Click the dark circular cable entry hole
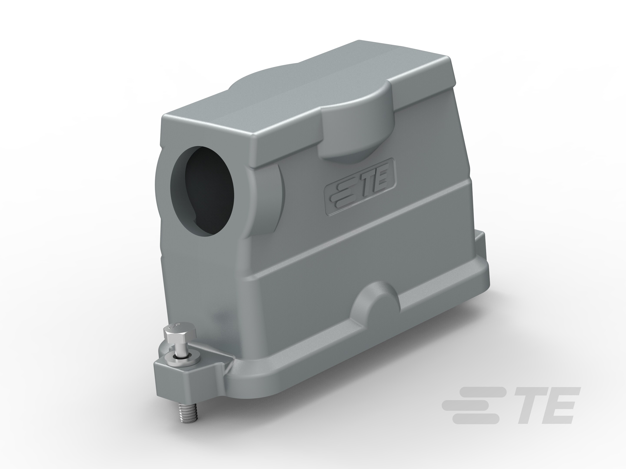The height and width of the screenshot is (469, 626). tap(203, 191)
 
